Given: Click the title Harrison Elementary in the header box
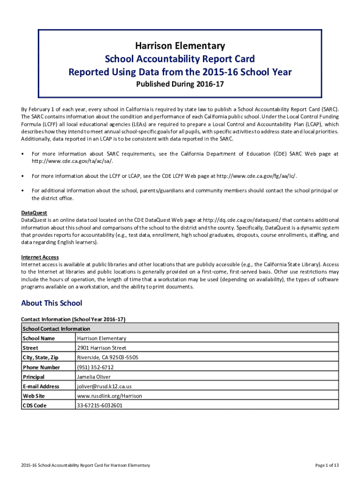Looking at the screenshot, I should [x=180, y=46].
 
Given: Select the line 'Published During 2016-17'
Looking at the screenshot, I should [x=180, y=85].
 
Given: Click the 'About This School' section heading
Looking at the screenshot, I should [x=51, y=303].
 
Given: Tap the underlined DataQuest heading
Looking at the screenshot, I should [x=34, y=213].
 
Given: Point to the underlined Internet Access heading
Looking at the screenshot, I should [x=40, y=257].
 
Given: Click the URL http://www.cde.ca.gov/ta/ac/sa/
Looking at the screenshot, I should [x=72, y=161].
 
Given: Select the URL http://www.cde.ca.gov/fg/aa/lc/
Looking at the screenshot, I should [x=256, y=176].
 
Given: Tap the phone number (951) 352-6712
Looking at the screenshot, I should [x=95, y=367].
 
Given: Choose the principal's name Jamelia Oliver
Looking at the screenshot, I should [x=95, y=377].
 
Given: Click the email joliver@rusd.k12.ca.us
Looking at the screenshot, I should [x=104, y=386].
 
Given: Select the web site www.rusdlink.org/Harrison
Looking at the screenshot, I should [x=109, y=396].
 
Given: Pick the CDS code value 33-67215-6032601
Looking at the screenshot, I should [x=100, y=406].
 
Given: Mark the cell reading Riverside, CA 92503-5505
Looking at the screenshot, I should [x=108, y=357].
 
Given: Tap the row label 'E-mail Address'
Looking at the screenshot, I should [x=41, y=386].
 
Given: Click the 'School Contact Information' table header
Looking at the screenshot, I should [x=56, y=329].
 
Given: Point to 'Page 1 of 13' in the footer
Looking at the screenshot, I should [x=327, y=465].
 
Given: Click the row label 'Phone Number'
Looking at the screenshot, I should [x=41, y=367].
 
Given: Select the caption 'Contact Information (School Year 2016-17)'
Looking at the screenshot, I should [x=73, y=319].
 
